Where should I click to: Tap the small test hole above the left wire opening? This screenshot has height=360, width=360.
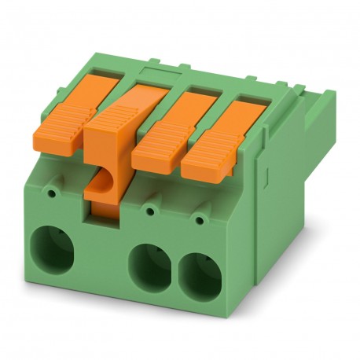click(x=53, y=190)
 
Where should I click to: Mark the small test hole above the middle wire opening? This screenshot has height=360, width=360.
click(x=149, y=210)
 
